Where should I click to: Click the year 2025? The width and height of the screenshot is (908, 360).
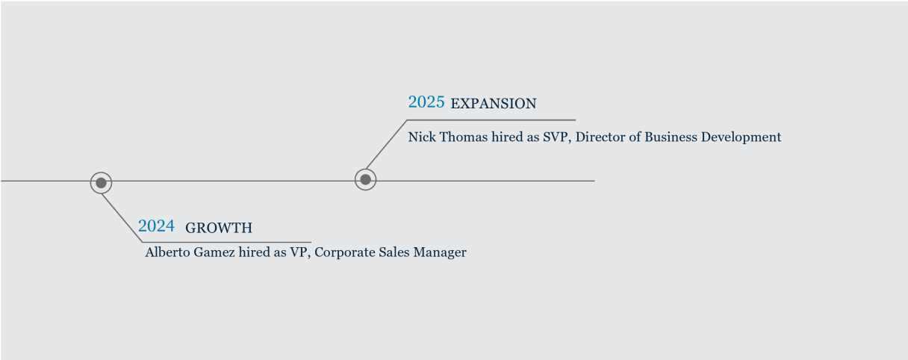[426, 102]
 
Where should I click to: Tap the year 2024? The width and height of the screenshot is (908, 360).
[156, 226]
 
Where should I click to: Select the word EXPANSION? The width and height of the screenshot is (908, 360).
[494, 104]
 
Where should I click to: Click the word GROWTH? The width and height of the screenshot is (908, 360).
[219, 228]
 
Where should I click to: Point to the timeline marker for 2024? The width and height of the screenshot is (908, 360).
[101, 183]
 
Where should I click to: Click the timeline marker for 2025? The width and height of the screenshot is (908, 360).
[365, 179]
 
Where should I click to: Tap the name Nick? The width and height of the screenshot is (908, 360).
[422, 137]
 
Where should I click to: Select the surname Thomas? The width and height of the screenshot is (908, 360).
[464, 137]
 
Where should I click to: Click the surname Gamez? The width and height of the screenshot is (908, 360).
[214, 252]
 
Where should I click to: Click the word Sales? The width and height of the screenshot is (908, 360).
[394, 252]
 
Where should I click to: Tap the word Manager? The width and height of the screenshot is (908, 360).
[440, 252]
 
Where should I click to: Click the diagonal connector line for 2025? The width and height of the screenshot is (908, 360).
[386, 145]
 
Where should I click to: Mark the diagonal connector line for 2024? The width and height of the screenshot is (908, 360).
[122, 218]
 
